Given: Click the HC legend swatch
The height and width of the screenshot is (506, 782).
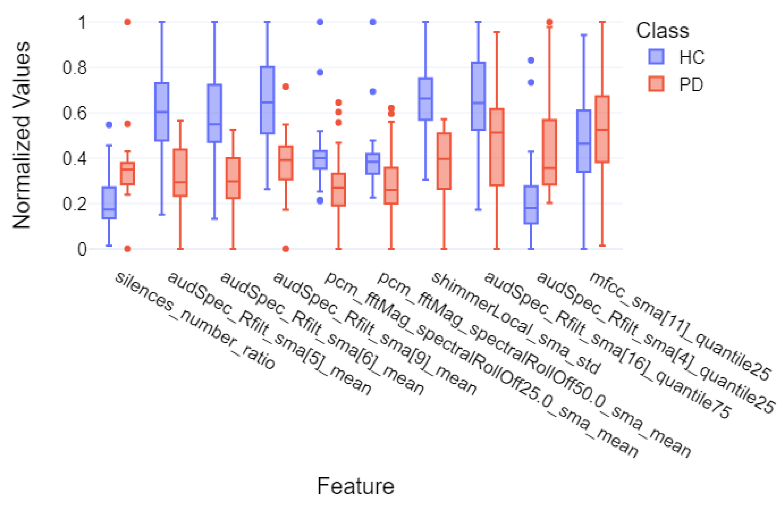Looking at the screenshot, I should click(656, 57).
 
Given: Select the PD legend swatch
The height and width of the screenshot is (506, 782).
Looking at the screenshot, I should click(656, 84).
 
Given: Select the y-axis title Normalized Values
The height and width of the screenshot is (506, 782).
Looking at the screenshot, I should click(22, 135).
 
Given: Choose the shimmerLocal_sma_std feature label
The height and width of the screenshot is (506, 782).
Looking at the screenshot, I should click(516, 323).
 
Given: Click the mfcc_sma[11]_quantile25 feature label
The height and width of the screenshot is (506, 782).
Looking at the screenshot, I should click(680, 325).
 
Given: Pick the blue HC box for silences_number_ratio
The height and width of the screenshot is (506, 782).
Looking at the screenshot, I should click(109, 203).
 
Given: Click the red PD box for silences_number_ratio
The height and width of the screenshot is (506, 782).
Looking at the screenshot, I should click(127, 174).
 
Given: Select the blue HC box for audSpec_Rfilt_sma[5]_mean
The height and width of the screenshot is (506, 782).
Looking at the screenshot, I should click(162, 112).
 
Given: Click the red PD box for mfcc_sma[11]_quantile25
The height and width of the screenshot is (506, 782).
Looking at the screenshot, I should click(602, 129).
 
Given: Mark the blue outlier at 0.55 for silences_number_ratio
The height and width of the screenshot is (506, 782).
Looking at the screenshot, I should click(109, 125).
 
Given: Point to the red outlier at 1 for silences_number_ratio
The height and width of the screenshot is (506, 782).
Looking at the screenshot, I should click(127, 22).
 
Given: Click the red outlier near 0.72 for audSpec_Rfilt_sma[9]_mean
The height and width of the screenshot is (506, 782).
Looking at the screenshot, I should click(286, 87).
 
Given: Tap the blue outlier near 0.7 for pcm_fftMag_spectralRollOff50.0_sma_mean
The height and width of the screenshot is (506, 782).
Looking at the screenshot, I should click(373, 92).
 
